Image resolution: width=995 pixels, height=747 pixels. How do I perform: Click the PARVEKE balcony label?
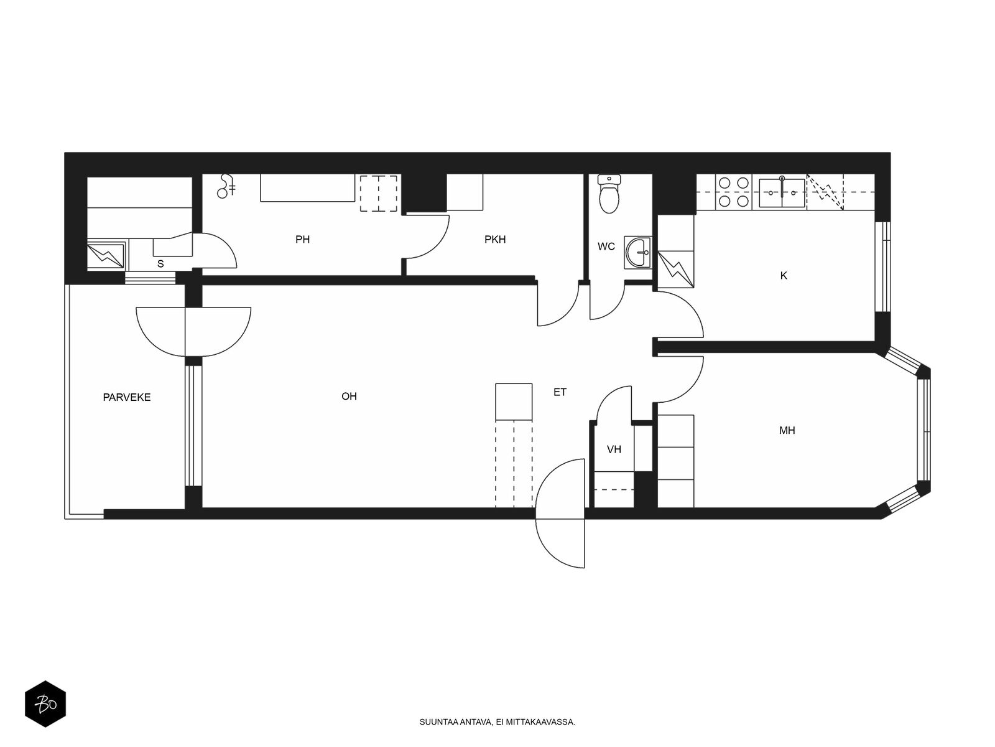click(126, 397)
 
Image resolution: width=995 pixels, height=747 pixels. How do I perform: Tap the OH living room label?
click(349, 397)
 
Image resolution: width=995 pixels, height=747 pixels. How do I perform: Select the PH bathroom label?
click(302, 240)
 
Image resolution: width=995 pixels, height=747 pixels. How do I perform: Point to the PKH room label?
click(495, 240)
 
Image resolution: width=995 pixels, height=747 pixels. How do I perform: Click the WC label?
click(606, 247)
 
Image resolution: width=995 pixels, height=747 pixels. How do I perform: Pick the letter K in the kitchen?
click(784, 276)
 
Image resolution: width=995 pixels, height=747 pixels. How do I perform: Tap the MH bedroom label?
click(787, 430)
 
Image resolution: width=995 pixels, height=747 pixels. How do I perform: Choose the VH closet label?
click(614, 449)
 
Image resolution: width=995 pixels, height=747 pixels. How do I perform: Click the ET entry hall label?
click(560, 392)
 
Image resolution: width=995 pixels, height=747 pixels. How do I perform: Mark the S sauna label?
click(160, 264)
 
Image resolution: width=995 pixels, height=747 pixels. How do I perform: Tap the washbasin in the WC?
click(638, 252)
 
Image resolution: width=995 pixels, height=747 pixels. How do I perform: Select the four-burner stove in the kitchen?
click(733, 192)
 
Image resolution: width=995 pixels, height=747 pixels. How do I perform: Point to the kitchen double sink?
click(782, 192)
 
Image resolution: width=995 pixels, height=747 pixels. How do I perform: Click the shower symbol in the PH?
click(226, 186)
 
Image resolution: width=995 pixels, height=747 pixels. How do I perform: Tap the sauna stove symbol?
click(106, 255)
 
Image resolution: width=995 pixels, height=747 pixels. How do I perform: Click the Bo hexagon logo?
click(45, 704)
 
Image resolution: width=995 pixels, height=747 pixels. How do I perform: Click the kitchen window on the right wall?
click(882, 266)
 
